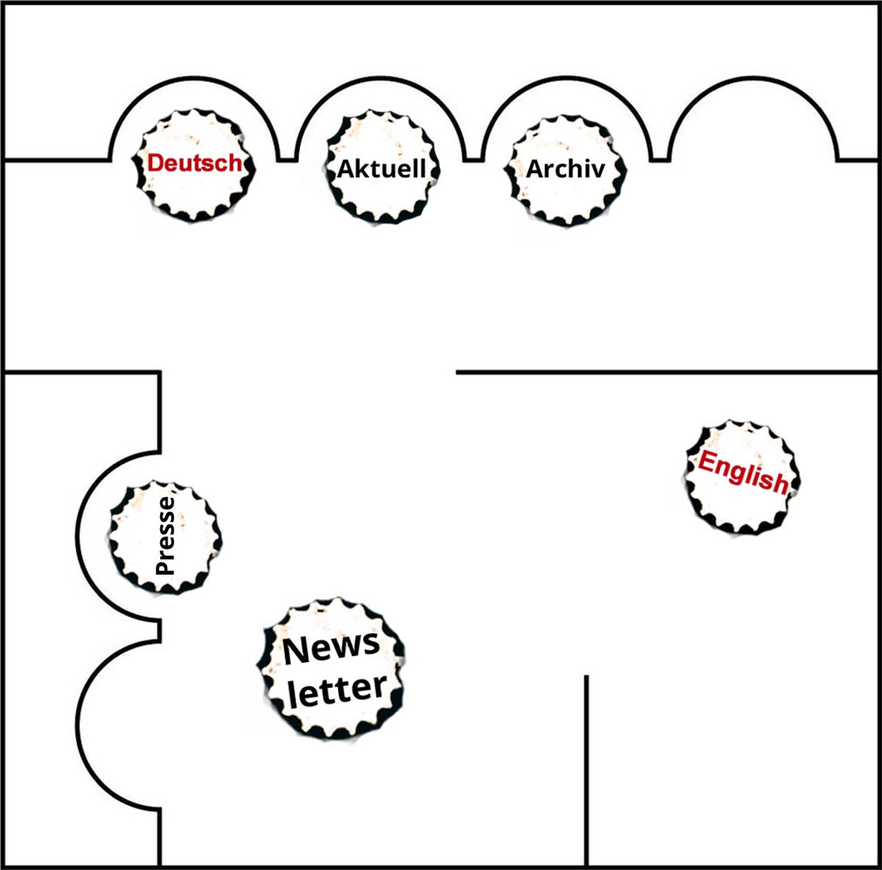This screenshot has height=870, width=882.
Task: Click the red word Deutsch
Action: [x=195, y=163]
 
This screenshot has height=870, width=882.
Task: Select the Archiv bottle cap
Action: [x=566, y=170]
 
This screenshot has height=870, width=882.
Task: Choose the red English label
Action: [x=743, y=473]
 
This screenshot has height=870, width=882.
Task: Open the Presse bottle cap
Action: [x=165, y=537]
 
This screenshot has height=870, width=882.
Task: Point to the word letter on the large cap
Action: [x=338, y=690]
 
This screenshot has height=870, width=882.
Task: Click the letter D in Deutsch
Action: [x=156, y=163]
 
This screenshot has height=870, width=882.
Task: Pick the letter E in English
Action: [x=706, y=463]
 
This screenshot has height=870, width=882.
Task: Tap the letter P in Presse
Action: [x=165, y=567]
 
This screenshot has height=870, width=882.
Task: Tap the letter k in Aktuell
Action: [x=359, y=168]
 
